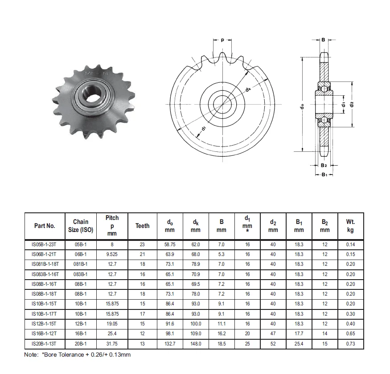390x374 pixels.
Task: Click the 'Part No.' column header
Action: (x=45, y=226)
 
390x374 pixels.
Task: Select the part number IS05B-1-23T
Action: (x=45, y=245)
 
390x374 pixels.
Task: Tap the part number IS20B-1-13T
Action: (x=45, y=344)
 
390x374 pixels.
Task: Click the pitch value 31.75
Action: (x=112, y=344)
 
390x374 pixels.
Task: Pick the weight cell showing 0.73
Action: (x=350, y=344)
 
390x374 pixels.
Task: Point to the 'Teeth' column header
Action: (x=142, y=226)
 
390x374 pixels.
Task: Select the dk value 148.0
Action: (x=196, y=344)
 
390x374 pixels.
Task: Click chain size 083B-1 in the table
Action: (x=81, y=274)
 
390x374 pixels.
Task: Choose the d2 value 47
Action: (x=273, y=334)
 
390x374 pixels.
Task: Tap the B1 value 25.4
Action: (x=299, y=344)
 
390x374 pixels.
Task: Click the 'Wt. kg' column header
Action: (x=350, y=226)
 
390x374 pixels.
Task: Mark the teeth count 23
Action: (x=142, y=245)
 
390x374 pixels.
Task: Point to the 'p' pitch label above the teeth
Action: (x=222, y=40)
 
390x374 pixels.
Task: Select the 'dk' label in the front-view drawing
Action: (x=248, y=90)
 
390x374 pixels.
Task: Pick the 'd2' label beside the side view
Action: (x=352, y=104)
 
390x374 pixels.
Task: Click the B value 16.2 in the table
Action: (x=222, y=334)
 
